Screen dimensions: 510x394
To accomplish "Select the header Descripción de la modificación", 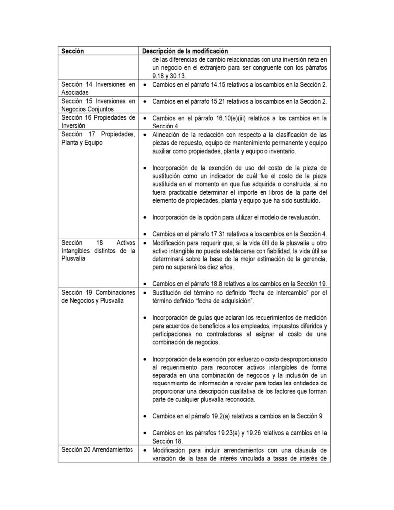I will click(x=185, y=51).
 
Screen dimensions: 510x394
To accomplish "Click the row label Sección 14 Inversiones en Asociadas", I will click(x=97, y=89).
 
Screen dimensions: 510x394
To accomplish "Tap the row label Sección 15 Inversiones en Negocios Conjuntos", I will click(x=97, y=105).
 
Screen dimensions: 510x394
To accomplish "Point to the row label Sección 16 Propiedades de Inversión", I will click(x=97, y=122).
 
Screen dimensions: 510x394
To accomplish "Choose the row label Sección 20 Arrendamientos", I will click(x=93, y=450).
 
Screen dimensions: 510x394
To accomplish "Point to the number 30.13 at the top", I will click(x=178, y=76).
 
